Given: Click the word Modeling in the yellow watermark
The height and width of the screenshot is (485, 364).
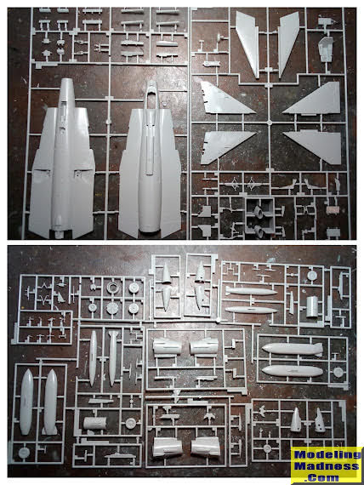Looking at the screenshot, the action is (327, 454).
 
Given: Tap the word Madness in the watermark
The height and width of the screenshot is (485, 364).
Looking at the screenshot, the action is (327, 465).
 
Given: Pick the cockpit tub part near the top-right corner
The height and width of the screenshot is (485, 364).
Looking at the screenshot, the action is (326, 48).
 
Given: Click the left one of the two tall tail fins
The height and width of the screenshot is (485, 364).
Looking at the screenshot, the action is (247, 44).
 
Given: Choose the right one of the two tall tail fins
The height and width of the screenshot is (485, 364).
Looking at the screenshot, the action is (288, 44).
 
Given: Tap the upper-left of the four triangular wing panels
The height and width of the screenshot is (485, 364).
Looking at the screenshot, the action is (227, 99).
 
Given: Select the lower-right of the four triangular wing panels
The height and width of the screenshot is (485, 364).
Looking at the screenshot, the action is (313, 146).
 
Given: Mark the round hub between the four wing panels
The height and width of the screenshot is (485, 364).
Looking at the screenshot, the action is (270, 123).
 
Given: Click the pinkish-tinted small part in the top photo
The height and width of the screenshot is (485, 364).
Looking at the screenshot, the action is (333, 210).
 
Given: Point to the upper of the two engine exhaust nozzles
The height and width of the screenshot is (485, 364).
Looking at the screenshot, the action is (258, 212).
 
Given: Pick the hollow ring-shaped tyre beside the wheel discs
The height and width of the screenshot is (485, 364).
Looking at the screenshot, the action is (113, 288).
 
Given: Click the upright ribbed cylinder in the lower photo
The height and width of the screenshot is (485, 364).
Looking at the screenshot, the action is (312, 306).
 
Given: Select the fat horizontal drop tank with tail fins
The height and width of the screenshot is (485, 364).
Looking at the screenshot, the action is (293, 349).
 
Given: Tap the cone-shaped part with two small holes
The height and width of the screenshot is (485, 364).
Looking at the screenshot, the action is (320, 419).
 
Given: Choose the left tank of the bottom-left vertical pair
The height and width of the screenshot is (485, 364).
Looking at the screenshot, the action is (26, 402).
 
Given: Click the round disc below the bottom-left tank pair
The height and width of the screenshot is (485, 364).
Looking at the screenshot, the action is (24, 453).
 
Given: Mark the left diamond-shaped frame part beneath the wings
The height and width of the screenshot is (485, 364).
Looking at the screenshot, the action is (234, 184).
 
